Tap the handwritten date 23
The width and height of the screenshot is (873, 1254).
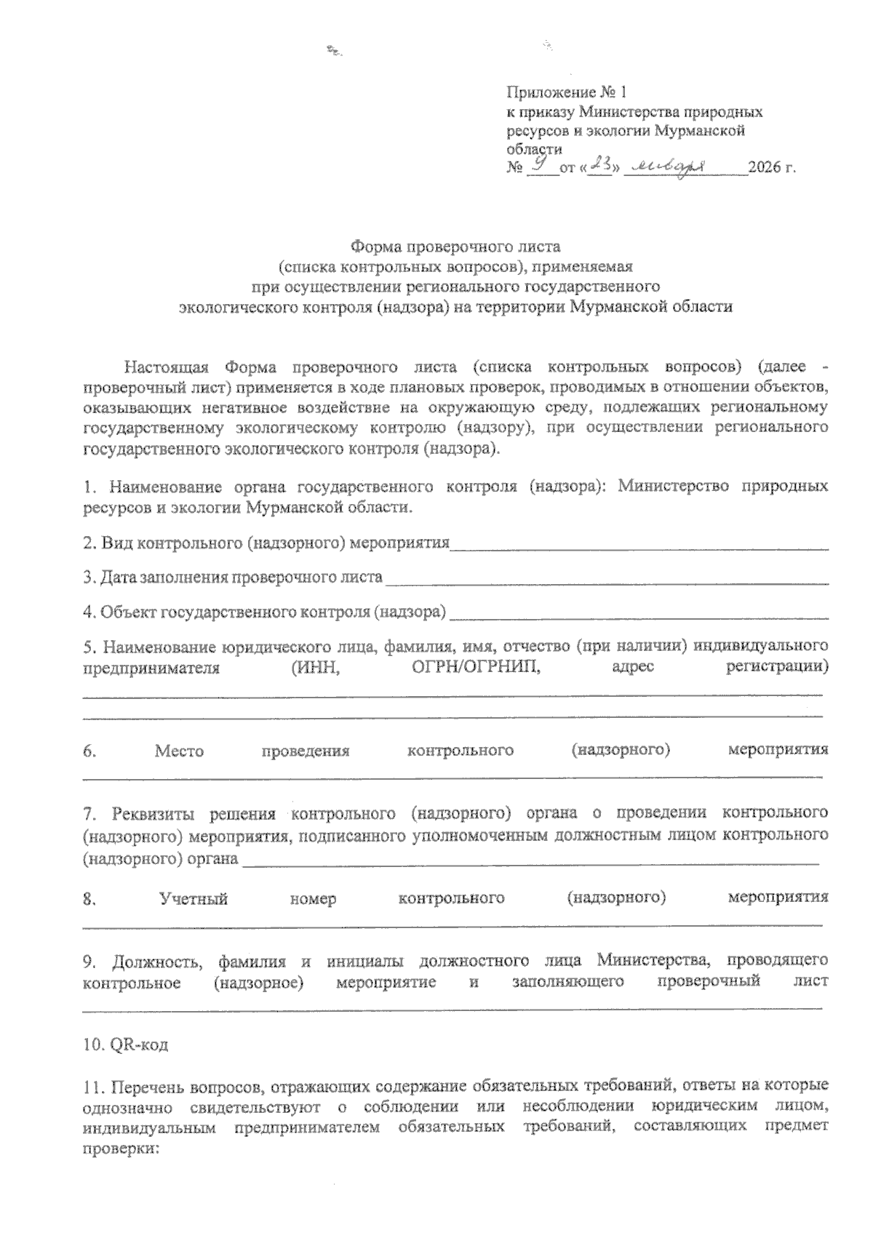click(600, 166)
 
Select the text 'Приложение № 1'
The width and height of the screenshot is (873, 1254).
click(566, 93)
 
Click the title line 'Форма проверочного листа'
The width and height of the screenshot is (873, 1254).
click(456, 247)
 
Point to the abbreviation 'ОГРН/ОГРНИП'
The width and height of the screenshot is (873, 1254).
click(471, 667)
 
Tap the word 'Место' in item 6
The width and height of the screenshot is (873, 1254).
click(179, 751)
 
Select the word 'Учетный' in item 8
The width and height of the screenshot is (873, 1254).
click(194, 898)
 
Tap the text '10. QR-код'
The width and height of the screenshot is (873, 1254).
click(125, 1045)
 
